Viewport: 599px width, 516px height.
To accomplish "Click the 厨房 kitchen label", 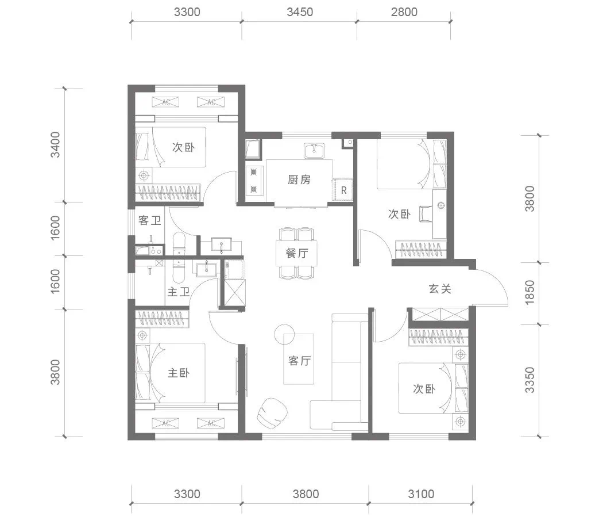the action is tap(299, 179).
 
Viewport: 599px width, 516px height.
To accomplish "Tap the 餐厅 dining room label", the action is tap(297, 253).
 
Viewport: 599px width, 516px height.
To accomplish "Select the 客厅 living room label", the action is tap(300, 360).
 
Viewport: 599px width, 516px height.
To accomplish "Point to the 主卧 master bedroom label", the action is tap(179, 373).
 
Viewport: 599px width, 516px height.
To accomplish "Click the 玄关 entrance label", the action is tap(440, 289).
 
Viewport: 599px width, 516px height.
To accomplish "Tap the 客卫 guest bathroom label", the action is tap(150, 220).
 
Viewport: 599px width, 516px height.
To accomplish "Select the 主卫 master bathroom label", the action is tap(179, 292).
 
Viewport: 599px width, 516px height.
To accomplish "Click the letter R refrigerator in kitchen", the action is tap(343, 190).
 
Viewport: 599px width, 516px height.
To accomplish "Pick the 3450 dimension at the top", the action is tap(300, 12).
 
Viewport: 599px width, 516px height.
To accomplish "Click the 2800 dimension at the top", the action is tap(404, 12).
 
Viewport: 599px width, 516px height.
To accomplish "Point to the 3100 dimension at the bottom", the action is tap(421, 494).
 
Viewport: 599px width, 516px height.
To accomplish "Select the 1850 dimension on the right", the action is tap(530, 292).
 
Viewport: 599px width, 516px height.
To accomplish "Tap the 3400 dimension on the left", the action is tap(55, 144).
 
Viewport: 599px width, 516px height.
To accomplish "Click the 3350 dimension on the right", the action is tap(530, 380).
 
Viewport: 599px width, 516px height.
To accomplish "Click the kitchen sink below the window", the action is tap(314, 150).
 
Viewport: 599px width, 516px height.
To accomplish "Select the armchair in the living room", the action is tap(272, 412).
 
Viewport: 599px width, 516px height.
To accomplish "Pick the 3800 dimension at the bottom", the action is tap(306, 494).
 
